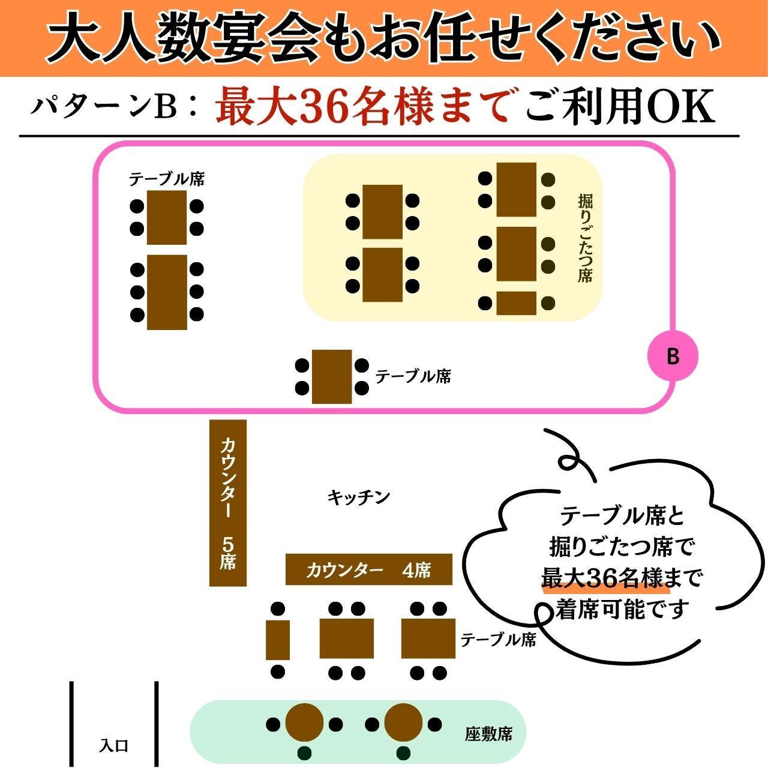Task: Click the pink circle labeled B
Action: point(673,356)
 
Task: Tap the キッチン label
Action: point(359,497)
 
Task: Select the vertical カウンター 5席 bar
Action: point(228,502)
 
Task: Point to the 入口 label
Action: point(113,746)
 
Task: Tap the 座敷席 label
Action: point(488,734)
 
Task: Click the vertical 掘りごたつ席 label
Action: point(585,238)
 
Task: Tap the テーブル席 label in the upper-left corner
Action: point(167,179)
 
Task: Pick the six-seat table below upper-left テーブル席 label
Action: point(167,292)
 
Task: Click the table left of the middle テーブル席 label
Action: point(332,377)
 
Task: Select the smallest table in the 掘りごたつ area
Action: point(516,303)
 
